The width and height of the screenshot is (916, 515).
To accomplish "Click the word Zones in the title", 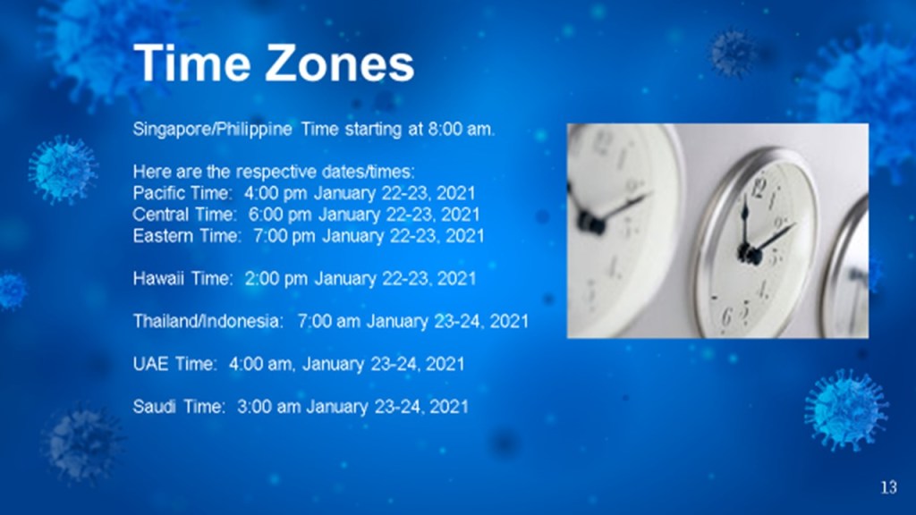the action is [340, 63].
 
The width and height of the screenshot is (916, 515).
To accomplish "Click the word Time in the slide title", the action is [194, 63].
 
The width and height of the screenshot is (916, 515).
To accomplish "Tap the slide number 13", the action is [888, 487].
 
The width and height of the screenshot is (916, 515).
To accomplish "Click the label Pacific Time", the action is [182, 193].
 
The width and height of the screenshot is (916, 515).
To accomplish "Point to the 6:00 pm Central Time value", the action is [280, 215].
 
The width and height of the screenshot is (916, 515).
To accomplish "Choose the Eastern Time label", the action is [186, 236].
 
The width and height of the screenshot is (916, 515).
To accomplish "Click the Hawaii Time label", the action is [182, 279].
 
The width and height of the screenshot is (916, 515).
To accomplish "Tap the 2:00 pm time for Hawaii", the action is [276, 279].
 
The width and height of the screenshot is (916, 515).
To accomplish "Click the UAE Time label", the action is [174, 364].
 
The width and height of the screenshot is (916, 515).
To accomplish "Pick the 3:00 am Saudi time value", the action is [268, 407].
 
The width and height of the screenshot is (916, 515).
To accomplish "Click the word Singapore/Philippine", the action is [213, 129].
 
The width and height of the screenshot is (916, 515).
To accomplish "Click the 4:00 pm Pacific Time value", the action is [276, 193].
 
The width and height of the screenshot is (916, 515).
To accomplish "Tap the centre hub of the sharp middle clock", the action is [748, 255].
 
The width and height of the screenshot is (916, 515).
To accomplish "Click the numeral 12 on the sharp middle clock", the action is [759, 188].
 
